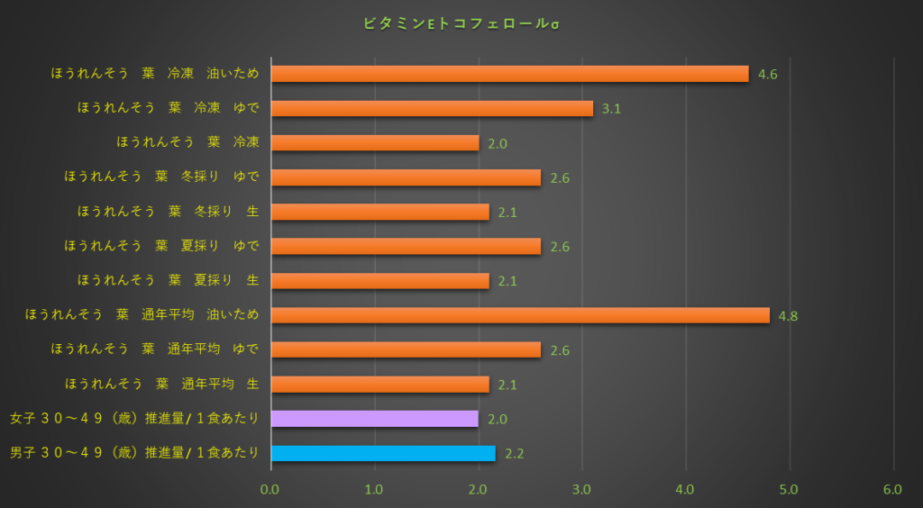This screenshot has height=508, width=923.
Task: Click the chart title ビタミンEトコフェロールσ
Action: [x=461, y=23]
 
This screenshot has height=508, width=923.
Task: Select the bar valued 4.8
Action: [x=520, y=315]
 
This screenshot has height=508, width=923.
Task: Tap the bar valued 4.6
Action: [x=509, y=74]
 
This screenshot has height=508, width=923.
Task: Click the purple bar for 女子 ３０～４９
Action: [x=374, y=419]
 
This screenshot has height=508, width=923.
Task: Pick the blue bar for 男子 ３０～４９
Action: [x=383, y=453]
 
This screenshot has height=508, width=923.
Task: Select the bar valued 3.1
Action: [x=432, y=108]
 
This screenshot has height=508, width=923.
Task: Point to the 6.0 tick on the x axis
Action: [x=892, y=489]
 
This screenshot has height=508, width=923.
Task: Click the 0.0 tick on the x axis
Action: [x=270, y=489]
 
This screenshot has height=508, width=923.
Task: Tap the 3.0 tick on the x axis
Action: [x=581, y=489]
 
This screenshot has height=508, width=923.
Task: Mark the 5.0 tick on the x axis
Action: [x=789, y=489]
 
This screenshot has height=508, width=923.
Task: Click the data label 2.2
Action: [x=515, y=454]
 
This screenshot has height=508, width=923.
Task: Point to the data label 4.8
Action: [x=788, y=316]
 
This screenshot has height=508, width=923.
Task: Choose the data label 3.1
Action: [x=611, y=109]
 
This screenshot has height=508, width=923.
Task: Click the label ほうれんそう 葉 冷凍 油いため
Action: [x=155, y=74]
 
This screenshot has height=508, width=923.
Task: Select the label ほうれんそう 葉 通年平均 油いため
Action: [x=142, y=315]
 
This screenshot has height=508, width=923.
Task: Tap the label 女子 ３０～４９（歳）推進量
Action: [x=134, y=419]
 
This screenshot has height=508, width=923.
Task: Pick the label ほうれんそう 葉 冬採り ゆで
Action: [x=161, y=177]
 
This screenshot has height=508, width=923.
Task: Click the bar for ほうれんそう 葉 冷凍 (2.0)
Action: [x=374, y=142]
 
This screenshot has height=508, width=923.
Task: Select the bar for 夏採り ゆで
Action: [x=406, y=246]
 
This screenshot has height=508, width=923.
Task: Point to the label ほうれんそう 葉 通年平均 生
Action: [x=155, y=385]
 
